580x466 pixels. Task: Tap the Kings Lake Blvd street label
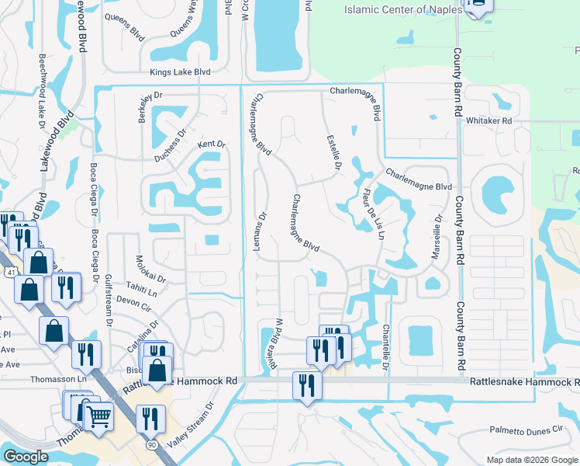point(181,72)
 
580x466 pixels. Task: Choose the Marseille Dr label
point(437,238)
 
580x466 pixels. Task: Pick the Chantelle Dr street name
point(385,346)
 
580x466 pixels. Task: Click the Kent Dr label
point(210,144)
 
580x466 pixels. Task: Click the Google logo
point(25,457)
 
